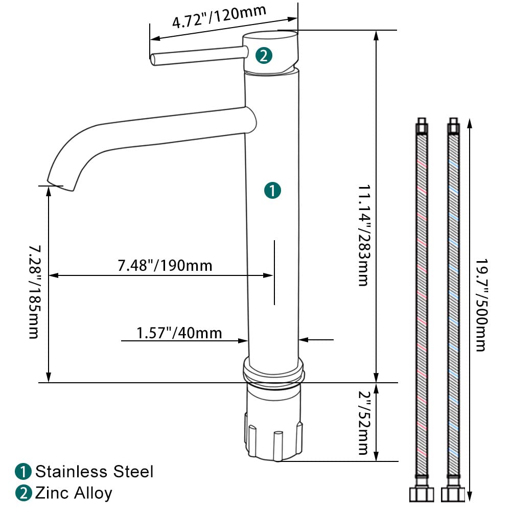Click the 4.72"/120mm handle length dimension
(x=219, y=16)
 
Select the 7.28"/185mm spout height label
(x=35, y=292)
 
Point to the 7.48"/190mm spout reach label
(x=165, y=266)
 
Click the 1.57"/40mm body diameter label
(x=179, y=333)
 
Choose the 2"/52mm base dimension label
(x=365, y=423)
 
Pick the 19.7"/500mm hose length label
(x=482, y=306)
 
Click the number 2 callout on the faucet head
(x=264, y=55)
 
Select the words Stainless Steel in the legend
(x=94, y=472)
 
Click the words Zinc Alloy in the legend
(x=74, y=493)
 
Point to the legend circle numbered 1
(x=23, y=472)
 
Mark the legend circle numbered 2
(x=23, y=493)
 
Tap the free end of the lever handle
(x=153, y=60)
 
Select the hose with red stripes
(x=422, y=310)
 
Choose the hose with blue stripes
(x=453, y=310)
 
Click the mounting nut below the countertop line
(x=273, y=422)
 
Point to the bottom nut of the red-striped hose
(x=422, y=494)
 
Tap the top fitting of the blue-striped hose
(x=453, y=126)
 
